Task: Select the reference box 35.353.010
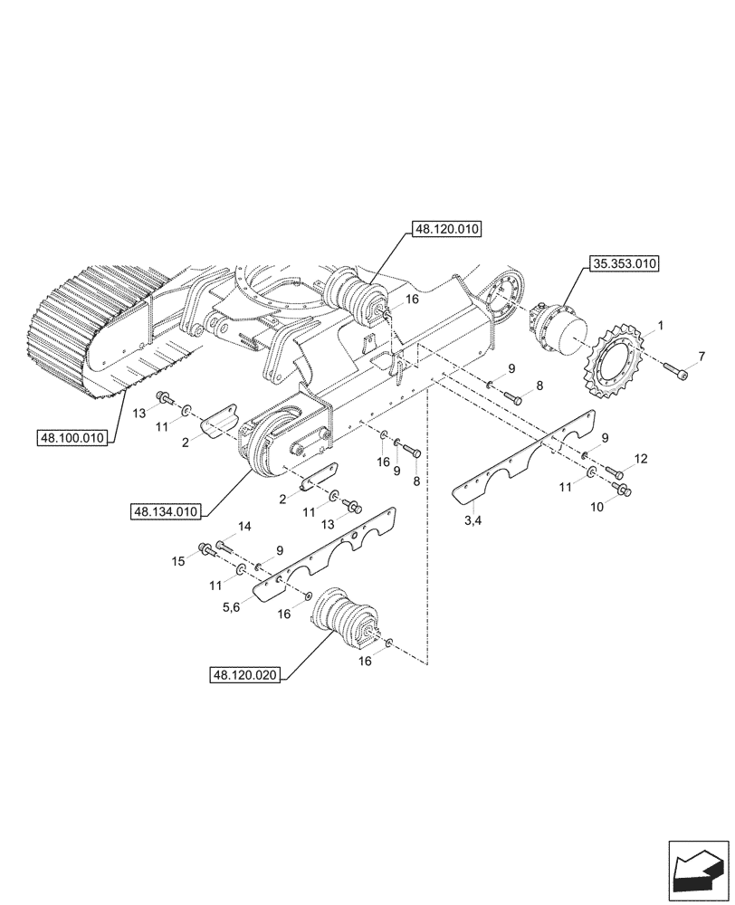(625, 265)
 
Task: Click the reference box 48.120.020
(244, 675)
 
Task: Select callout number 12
(641, 460)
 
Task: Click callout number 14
(244, 527)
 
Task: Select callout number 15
(179, 561)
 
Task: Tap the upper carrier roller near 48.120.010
(356, 296)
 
